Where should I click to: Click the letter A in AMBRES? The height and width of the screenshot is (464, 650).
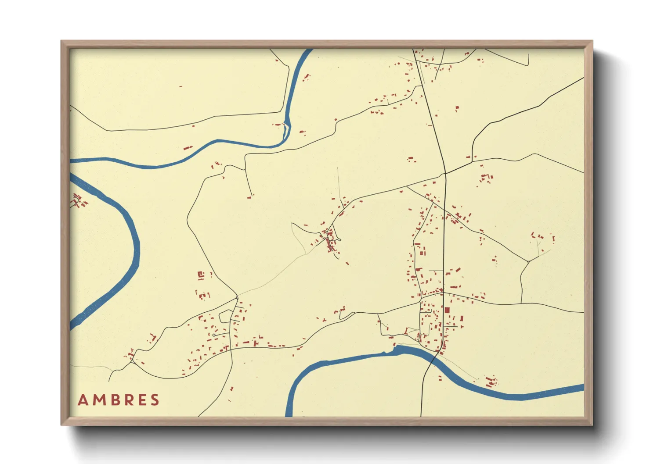click(x=82, y=400)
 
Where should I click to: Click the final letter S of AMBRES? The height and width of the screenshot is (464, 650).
click(x=155, y=400)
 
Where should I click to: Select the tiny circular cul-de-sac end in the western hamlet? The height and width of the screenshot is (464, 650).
click(x=214, y=336)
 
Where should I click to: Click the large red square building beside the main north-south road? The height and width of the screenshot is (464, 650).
click(x=447, y=310)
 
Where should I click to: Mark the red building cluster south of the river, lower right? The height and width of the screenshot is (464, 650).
click(x=491, y=382)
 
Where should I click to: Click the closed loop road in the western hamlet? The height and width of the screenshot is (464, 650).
click(x=225, y=316)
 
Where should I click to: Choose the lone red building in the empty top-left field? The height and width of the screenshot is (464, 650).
click(x=181, y=87)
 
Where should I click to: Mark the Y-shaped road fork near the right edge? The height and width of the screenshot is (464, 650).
click(x=528, y=262)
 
